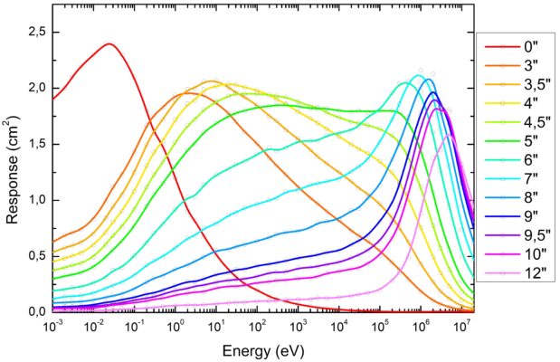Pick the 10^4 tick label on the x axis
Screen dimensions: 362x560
pyautogui.click(x=340, y=327)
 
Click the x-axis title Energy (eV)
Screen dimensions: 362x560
pyautogui.click(x=262, y=349)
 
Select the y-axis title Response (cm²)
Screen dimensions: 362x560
pyautogui.click(x=12, y=172)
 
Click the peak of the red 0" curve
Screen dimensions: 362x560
pyautogui.click(x=109, y=43)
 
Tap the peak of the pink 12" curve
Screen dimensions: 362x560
pyautogui.click(x=449, y=136)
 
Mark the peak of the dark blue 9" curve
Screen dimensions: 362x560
pyautogui.click(x=433, y=92)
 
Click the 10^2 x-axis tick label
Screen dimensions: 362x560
pyautogui.click(x=259, y=327)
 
